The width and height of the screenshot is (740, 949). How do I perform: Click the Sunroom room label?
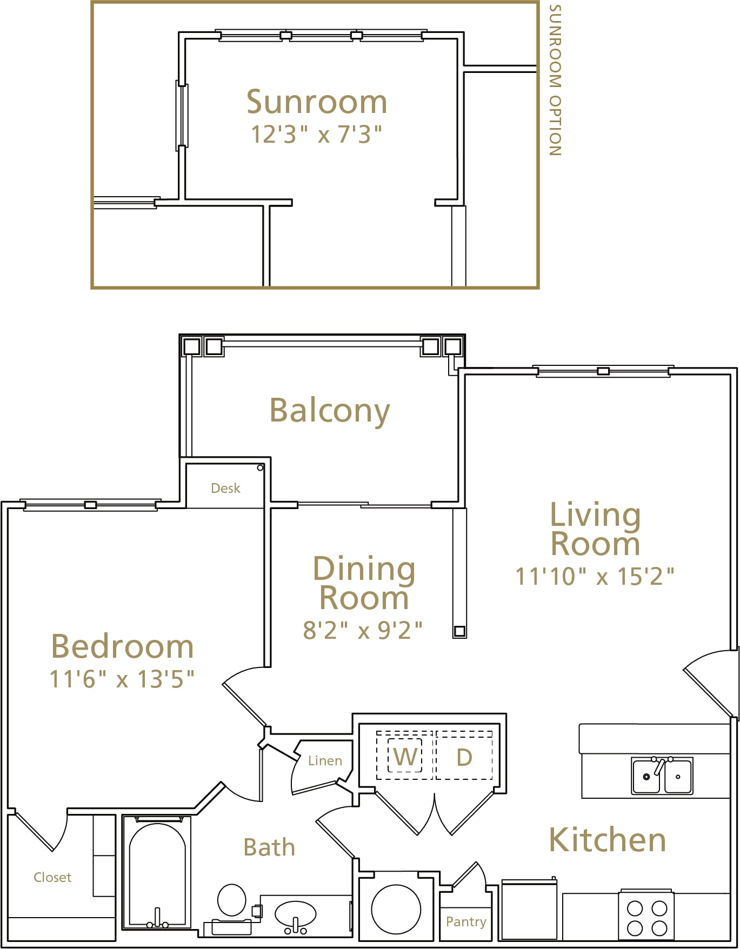(x=317, y=102)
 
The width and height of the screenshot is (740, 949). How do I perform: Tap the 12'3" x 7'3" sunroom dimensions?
(x=316, y=134)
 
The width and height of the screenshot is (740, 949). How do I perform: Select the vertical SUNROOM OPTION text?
(x=555, y=80)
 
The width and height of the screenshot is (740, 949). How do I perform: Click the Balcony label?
(x=330, y=411)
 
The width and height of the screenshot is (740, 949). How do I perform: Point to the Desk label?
(x=225, y=488)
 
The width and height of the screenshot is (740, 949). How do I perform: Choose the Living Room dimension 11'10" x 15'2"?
(x=595, y=576)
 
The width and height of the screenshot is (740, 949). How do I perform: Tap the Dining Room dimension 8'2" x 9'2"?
(x=363, y=630)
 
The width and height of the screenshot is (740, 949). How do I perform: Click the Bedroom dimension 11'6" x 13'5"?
(x=122, y=679)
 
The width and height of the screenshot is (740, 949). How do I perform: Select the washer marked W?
(x=405, y=756)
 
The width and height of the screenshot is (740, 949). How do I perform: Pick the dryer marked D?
(x=464, y=757)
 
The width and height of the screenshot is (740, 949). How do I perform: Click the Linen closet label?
(x=325, y=760)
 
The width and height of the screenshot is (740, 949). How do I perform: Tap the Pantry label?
(x=466, y=922)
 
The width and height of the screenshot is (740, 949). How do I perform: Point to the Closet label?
(x=52, y=877)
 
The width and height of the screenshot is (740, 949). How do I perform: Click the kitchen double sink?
(x=662, y=776)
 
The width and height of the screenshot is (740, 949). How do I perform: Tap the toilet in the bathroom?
(x=232, y=900)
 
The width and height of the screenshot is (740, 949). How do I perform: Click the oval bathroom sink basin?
(x=295, y=914)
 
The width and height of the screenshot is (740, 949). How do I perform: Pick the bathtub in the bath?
(x=157, y=873)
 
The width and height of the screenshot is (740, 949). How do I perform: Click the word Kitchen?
(x=608, y=840)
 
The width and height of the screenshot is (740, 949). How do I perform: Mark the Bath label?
(x=269, y=847)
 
